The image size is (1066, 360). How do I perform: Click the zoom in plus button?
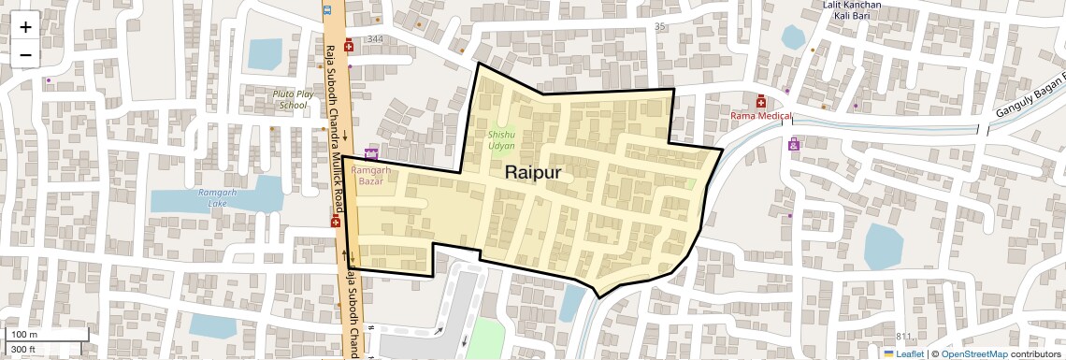coord(25,26)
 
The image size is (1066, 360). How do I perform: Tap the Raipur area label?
coord(533,173)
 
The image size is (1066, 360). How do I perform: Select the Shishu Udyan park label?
coord(501,140)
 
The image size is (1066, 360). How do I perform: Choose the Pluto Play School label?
coord(290,99)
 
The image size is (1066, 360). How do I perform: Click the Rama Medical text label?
coord(761,116)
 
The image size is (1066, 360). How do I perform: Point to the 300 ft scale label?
coord(23,350)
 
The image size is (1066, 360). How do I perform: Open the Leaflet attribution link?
coord(903,353)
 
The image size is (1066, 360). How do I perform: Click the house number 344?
coord(376,39)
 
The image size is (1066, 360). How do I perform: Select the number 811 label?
coord(903,337)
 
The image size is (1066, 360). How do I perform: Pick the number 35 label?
coord(660,26)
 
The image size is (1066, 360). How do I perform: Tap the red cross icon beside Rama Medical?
coord(760,101)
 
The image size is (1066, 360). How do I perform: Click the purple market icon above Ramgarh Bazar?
coord(371,153)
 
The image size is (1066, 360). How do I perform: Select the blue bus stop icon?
coord(326,10)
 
